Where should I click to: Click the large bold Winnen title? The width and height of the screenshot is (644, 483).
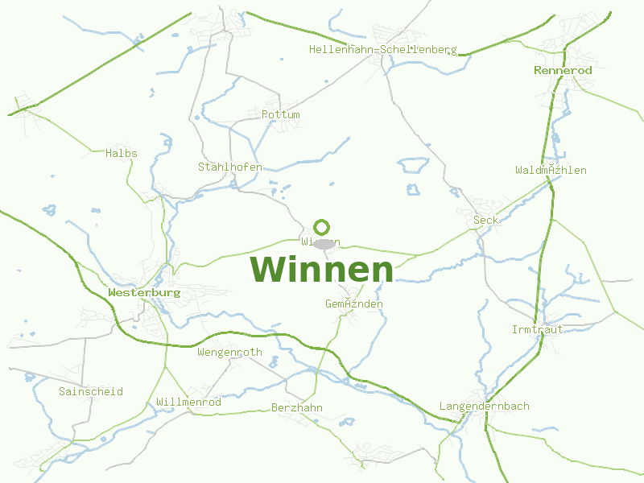click(x=322, y=270)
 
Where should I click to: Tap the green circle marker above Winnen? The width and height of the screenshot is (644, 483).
click(x=322, y=227)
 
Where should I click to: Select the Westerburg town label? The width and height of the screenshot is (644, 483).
click(x=144, y=293)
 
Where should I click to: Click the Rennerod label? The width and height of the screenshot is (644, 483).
click(x=563, y=71)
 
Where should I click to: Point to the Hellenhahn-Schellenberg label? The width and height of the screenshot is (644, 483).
click(x=382, y=50)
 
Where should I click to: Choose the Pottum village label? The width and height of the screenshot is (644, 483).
click(x=280, y=115)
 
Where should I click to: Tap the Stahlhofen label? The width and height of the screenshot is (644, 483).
click(x=229, y=167)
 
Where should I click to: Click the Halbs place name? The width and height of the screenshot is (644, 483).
click(x=121, y=154)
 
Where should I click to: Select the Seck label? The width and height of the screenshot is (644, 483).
click(x=485, y=221)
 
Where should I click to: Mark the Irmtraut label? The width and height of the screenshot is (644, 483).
click(x=537, y=330)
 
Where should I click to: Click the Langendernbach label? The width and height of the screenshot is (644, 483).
click(x=484, y=407)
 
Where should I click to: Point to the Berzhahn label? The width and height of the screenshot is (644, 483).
click(x=296, y=408)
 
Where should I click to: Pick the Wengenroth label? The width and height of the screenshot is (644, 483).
click(x=229, y=353)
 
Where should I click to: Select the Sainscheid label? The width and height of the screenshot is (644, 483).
click(x=90, y=392)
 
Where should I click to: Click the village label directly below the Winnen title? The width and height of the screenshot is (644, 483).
click(x=353, y=304)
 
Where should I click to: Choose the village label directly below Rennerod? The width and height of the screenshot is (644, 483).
click(x=551, y=171)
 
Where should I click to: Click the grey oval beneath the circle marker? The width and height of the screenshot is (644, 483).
click(x=324, y=244)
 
